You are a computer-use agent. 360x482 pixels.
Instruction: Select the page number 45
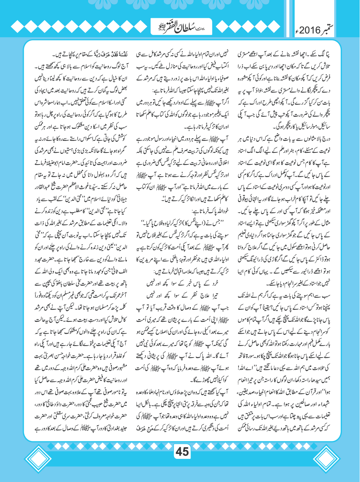[182, 452]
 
